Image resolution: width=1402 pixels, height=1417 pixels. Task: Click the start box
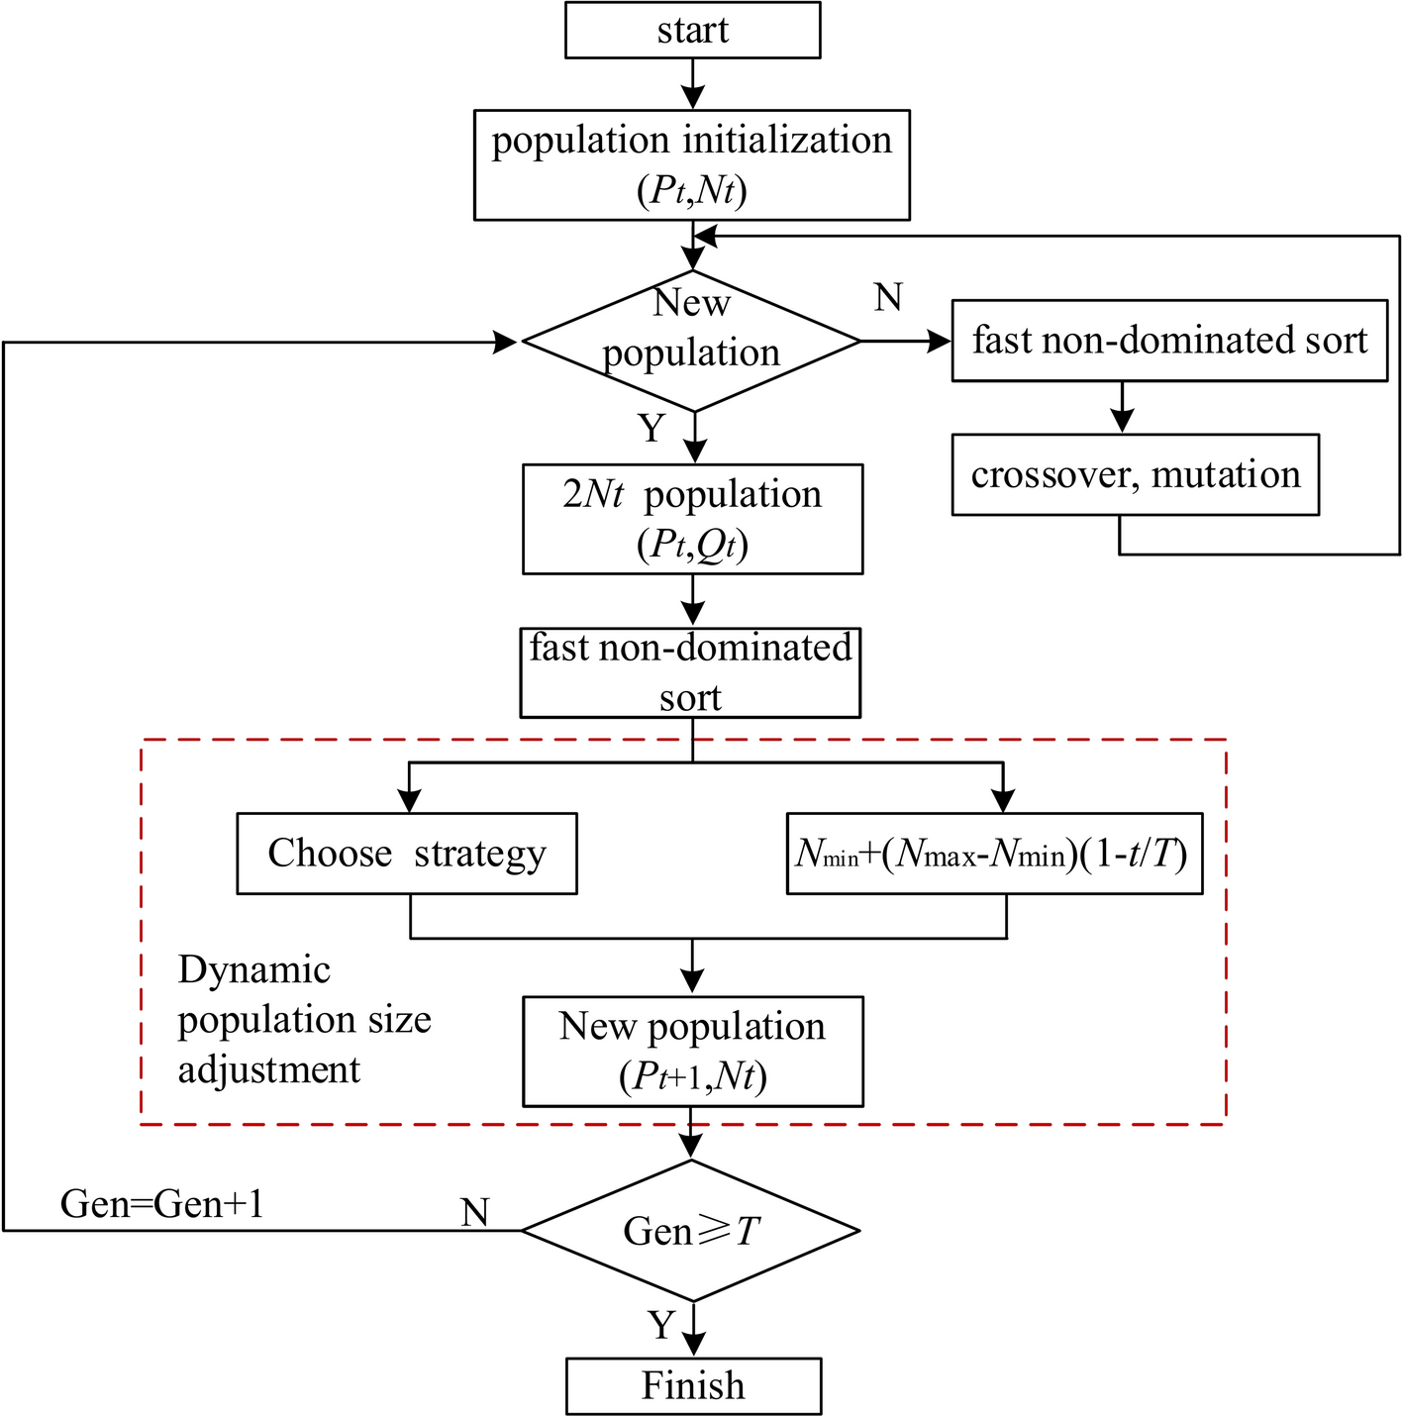coord(692,30)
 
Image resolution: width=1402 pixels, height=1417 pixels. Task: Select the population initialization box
coord(692,164)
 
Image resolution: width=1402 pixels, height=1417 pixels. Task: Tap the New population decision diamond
coord(691,341)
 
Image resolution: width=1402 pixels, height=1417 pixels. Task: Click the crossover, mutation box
coord(1135,474)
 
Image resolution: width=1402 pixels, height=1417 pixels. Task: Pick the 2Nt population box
coord(692,519)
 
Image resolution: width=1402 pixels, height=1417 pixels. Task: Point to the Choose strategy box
coord(407,854)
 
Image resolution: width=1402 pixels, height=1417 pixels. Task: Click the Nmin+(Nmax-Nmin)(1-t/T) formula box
coord(994,854)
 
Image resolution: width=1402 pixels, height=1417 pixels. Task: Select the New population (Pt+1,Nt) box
coord(692,1051)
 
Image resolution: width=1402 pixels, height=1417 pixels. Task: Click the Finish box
coord(693,1385)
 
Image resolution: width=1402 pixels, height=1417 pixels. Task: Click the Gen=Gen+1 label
coord(162,1204)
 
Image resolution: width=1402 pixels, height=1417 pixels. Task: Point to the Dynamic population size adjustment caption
coord(304,1020)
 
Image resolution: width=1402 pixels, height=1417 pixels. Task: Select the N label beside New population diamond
coord(888,296)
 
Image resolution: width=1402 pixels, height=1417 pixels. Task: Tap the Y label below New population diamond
coord(651,428)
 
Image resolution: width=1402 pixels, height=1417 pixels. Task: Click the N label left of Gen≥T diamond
coord(475,1212)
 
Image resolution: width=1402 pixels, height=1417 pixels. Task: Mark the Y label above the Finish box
coord(661,1325)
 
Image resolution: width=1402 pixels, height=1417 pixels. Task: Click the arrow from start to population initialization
coord(693,83)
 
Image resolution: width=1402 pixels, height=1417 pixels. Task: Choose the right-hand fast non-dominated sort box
coord(1169,341)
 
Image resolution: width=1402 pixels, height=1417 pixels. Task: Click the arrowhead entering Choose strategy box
coord(409,801)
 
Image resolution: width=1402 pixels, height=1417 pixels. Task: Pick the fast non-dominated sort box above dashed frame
coord(690,672)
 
